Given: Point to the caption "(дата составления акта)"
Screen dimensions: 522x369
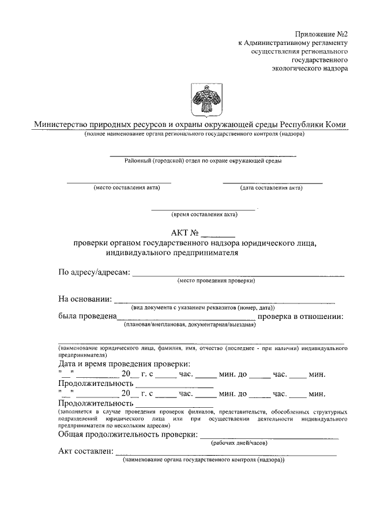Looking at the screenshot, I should (271, 188).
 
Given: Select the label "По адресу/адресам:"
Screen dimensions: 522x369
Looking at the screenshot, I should (94, 272).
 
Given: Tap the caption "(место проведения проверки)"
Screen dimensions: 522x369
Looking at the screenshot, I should (216, 281).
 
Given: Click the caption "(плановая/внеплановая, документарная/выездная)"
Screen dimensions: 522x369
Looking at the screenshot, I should (189, 325).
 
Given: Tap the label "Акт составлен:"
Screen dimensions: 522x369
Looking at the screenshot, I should (86, 452).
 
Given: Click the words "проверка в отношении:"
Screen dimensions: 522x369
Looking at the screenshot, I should (301, 316).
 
